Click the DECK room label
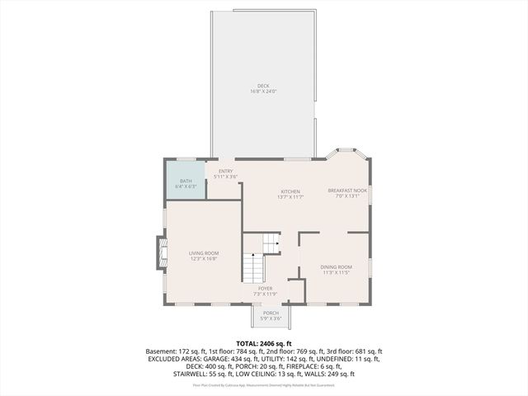262,86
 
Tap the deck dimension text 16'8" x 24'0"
262,92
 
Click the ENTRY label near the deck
225,171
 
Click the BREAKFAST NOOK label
346,191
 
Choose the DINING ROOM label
336,266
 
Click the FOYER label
265,288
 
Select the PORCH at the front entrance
271,315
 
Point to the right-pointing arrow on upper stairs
276,243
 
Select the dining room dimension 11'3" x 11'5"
336,272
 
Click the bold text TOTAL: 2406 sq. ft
264,343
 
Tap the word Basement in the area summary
160,351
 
